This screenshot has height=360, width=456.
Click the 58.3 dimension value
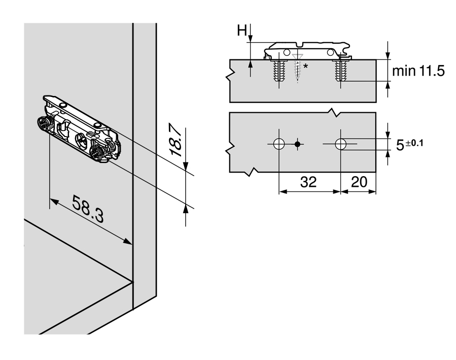[88, 209]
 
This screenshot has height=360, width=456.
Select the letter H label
[242, 30]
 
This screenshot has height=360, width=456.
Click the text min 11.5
[418, 71]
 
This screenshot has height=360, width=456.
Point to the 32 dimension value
[308, 182]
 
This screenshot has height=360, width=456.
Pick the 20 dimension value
[359, 182]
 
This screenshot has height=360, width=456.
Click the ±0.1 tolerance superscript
[414, 143]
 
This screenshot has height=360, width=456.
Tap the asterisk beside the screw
[305, 67]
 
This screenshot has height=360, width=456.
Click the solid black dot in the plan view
[297, 144]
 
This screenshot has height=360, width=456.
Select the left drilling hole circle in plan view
[279, 144]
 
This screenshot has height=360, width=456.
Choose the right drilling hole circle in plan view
[340, 144]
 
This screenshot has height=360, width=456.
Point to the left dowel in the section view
[279, 71]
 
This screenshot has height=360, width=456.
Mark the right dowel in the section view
[340, 71]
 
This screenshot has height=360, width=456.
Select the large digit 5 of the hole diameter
[400, 145]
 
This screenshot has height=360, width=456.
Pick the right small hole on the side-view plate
[330, 52]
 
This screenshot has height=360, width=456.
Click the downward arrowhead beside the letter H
[251, 39]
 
